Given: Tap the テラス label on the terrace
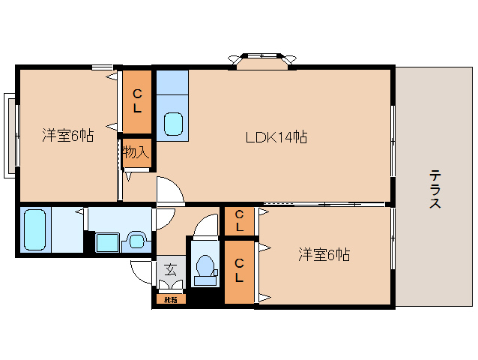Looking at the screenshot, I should click(x=435, y=189).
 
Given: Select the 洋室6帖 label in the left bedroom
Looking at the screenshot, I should click(x=67, y=136).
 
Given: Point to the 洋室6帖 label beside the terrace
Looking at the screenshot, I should click(x=324, y=254).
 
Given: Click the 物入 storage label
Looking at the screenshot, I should click(x=136, y=153).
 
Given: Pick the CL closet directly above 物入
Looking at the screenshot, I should click(x=137, y=100).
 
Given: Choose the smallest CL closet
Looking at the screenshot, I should click(x=239, y=220).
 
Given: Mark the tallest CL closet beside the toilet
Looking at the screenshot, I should click(x=239, y=271).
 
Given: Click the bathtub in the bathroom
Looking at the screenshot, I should click(x=36, y=229).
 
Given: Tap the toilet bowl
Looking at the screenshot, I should click(x=204, y=267).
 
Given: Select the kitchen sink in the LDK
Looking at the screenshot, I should click(x=173, y=123).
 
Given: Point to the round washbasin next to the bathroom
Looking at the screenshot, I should click(x=136, y=241).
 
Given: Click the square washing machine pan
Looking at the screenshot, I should click(x=107, y=242).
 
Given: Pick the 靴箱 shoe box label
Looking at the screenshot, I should click(x=170, y=300).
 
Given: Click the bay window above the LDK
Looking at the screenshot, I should click(x=261, y=58).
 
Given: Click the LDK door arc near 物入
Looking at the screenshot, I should click(x=169, y=190).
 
